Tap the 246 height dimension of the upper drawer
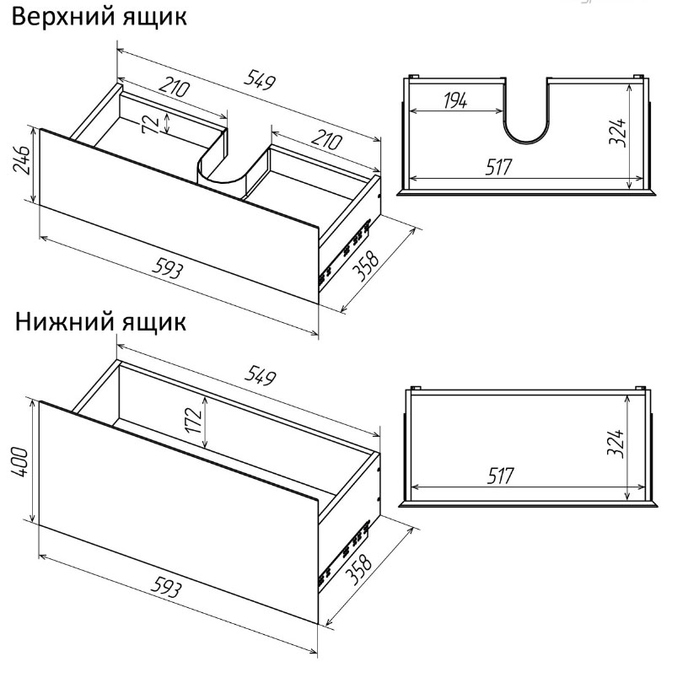pyautogui.click(x=22, y=160)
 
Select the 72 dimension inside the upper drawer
pyautogui.click(x=151, y=124)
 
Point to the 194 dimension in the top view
pyautogui.click(x=455, y=100)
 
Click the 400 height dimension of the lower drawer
pyautogui.click(x=20, y=462)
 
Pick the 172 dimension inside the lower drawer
pyautogui.click(x=194, y=420)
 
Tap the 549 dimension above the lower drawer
pyautogui.click(x=261, y=375)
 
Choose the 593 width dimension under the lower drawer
pyautogui.click(x=166, y=587)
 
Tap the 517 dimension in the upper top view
pyautogui.click(x=499, y=167)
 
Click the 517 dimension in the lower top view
pyautogui.click(x=501, y=476)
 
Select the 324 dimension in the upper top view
pyautogui.click(x=618, y=132)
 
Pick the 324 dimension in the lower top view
pyautogui.click(x=616, y=444)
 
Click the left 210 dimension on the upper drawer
pyautogui.click(x=175, y=87)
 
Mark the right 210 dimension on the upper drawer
pyautogui.click(x=327, y=140)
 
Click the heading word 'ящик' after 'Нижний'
pyautogui.click(x=153, y=323)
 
